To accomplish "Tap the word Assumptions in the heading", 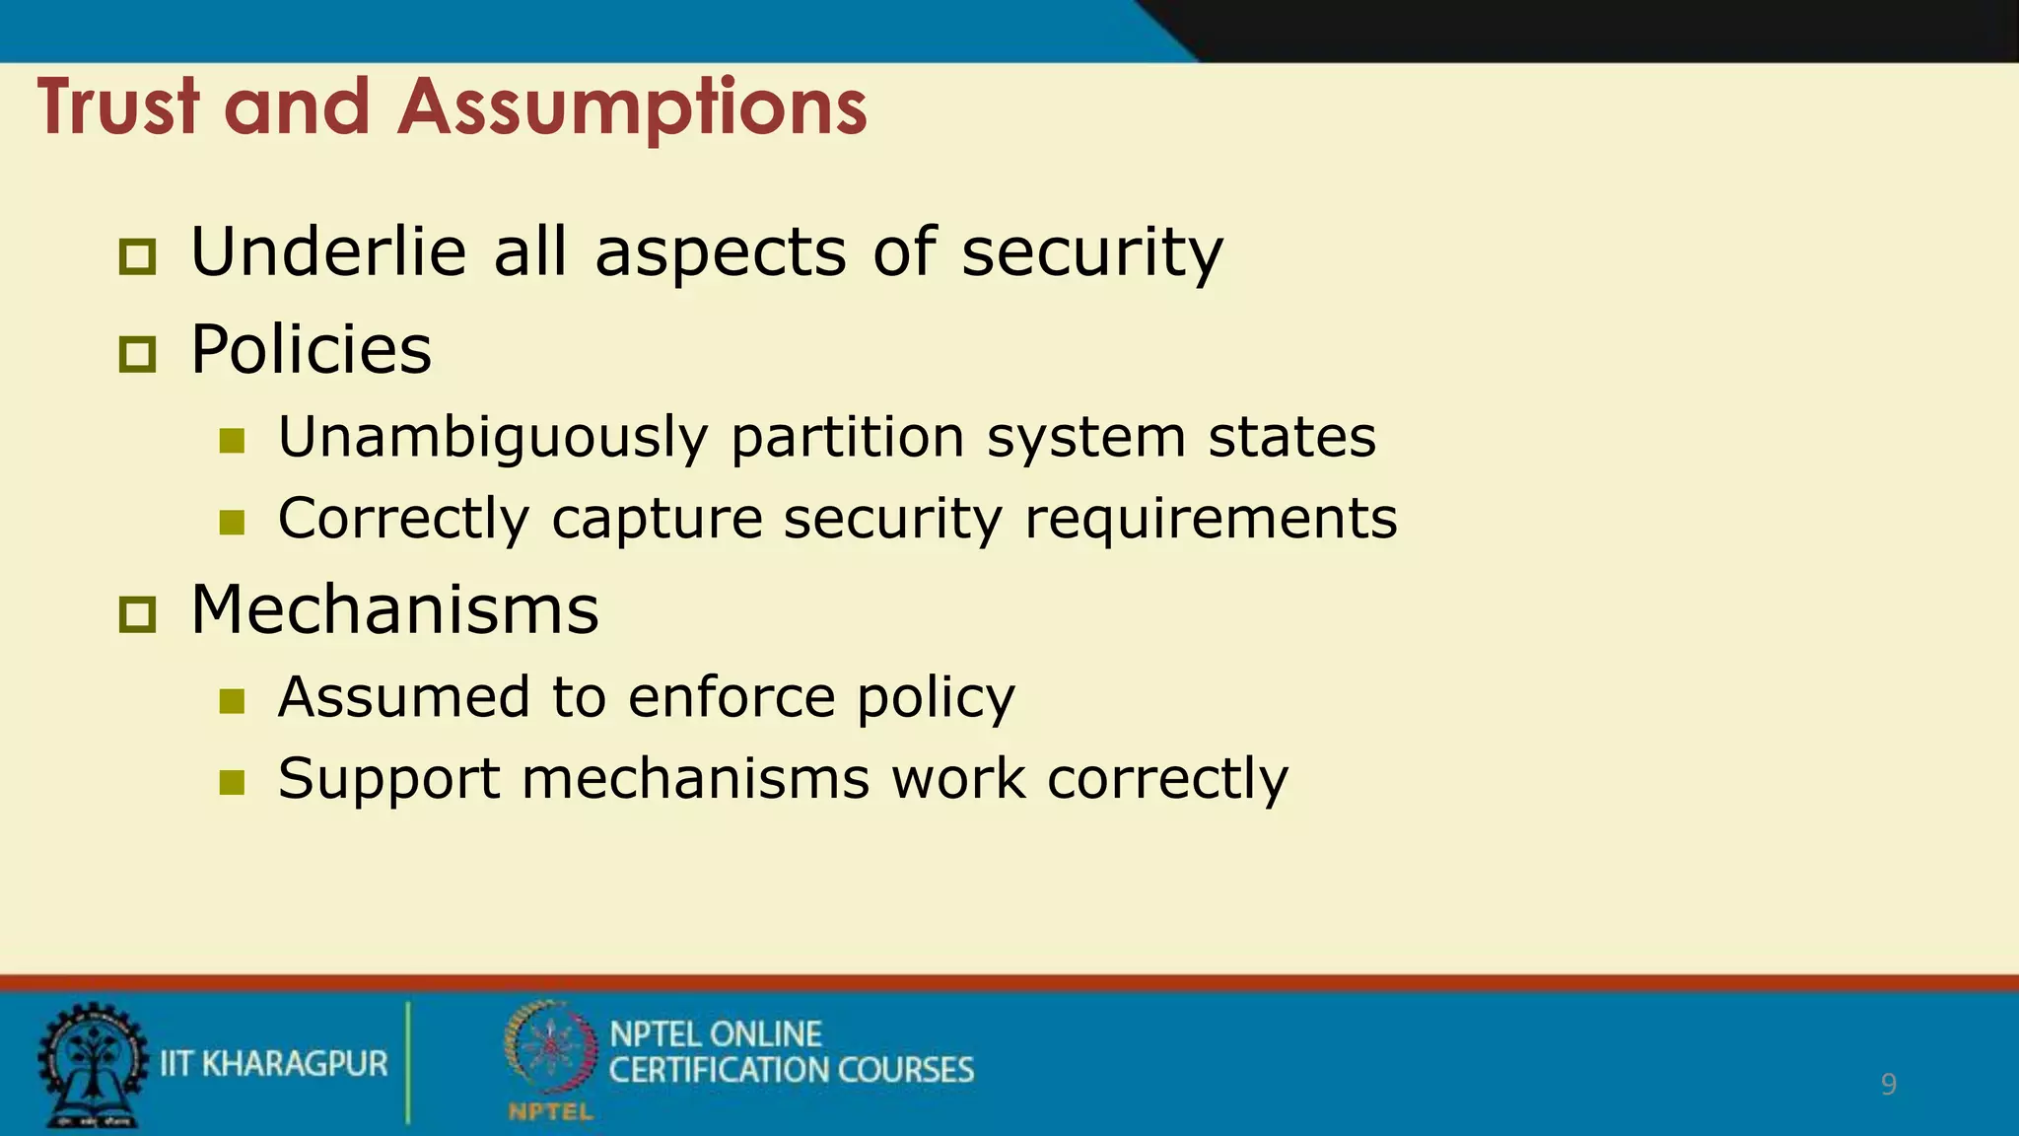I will coord(632,108).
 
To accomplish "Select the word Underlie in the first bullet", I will coord(327,251).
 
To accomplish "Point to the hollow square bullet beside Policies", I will coord(137,354).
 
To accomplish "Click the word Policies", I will coord(311,349).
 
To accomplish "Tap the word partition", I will coord(847,438).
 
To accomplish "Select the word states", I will coord(1291,437).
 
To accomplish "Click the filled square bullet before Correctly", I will coord(232,522).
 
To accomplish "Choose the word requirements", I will coord(1211,520).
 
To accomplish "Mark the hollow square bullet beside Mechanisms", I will coord(137,614).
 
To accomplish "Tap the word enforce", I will coord(731,697).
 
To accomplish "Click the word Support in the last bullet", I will coord(388,780).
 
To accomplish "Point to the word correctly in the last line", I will coord(1167,780).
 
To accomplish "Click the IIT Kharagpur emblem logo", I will coord(91,1065).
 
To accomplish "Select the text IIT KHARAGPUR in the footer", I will coord(274,1064).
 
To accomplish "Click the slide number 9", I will coord(1888,1085).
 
